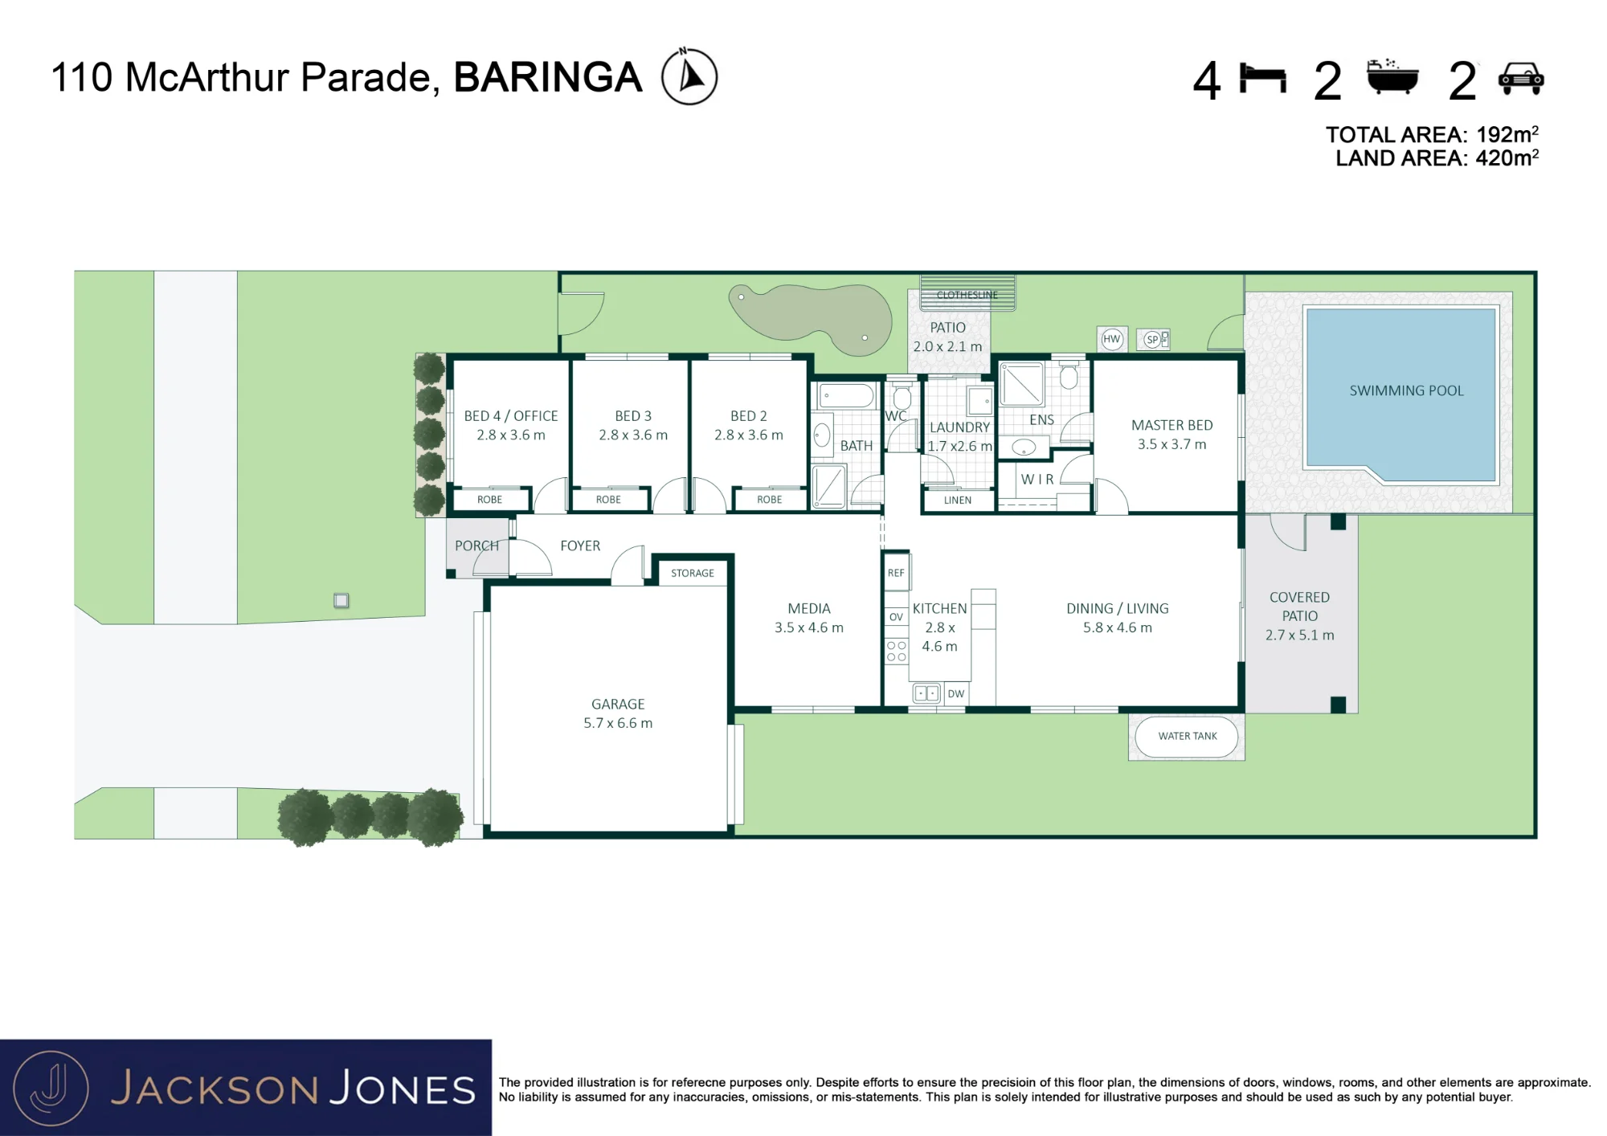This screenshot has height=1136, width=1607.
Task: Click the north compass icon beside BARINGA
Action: [689, 76]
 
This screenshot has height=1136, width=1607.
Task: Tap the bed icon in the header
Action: [1262, 78]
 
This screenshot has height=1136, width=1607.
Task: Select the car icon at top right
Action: [1520, 79]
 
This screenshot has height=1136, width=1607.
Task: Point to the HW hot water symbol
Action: [1111, 339]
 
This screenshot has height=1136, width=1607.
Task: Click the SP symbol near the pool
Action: [1153, 339]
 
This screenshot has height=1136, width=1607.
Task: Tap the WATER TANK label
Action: [1188, 736]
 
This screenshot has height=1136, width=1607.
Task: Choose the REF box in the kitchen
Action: [896, 572]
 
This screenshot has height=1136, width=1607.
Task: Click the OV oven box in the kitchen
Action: [896, 617]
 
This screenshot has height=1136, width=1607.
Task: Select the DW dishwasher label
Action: [955, 693]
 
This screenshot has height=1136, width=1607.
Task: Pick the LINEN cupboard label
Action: [957, 500]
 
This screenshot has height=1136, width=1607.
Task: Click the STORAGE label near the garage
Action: [692, 573]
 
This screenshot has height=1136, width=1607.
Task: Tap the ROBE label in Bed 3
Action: [608, 500]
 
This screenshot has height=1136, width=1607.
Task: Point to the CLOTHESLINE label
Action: [967, 295]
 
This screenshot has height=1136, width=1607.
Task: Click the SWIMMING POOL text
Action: [1406, 390]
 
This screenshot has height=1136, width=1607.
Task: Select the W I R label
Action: [1037, 479]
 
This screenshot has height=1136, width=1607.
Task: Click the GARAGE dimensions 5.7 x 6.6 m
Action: [618, 723]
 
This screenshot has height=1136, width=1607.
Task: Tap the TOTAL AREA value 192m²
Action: [1507, 134]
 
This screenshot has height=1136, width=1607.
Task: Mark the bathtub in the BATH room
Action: [847, 395]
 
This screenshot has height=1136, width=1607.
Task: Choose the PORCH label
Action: [476, 546]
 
